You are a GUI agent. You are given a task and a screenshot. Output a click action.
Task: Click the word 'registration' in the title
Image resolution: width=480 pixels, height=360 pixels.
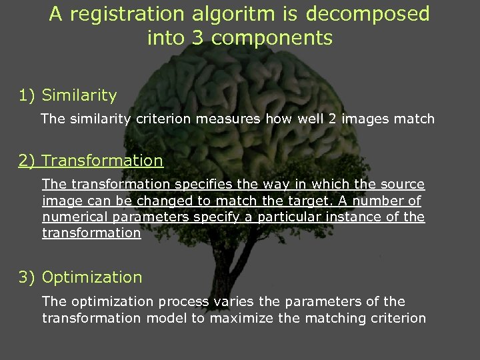117,14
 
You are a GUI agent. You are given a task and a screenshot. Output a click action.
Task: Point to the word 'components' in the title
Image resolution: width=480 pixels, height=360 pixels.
279,38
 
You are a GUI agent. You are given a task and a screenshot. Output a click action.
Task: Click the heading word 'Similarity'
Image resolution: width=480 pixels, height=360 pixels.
79,95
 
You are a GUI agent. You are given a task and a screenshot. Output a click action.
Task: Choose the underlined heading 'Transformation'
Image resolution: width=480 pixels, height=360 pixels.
102,161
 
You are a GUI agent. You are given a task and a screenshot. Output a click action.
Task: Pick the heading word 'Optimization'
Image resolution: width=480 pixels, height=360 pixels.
92,277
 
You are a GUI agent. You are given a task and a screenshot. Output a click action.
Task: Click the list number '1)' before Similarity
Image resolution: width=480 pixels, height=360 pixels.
28,95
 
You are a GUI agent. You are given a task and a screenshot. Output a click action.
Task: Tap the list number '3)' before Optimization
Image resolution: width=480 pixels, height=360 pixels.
28,277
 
